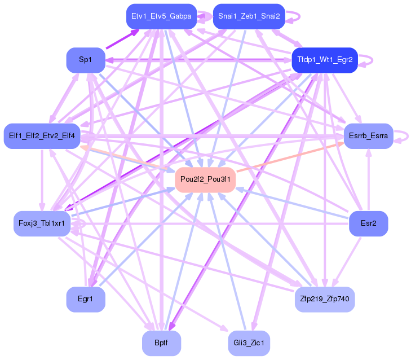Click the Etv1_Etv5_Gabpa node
point(161,16)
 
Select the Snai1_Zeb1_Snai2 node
point(249,16)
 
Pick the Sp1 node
point(86,60)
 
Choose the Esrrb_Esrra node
point(368,136)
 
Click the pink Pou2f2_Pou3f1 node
point(205,179)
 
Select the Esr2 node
point(368,223)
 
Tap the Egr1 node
point(86,299)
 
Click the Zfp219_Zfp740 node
point(325,299)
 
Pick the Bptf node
point(161,343)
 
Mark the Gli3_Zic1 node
point(249,343)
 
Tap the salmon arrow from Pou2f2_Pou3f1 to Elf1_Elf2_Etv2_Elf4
point(127,158)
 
